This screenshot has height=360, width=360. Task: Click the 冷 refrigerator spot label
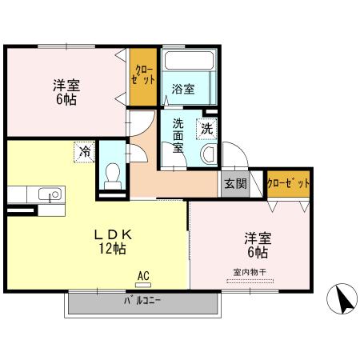point(84,150)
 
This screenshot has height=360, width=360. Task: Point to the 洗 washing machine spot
point(206,127)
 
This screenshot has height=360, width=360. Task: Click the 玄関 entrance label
point(235,183)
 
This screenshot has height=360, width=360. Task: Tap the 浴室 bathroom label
point(183,90)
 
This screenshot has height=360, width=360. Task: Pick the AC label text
point(143,275)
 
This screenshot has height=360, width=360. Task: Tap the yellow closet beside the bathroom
point(145,77)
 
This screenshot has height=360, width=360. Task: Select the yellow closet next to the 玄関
point(289,183)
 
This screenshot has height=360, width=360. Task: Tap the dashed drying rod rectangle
point(250,281)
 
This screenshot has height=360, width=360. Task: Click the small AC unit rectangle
point(143,283)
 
